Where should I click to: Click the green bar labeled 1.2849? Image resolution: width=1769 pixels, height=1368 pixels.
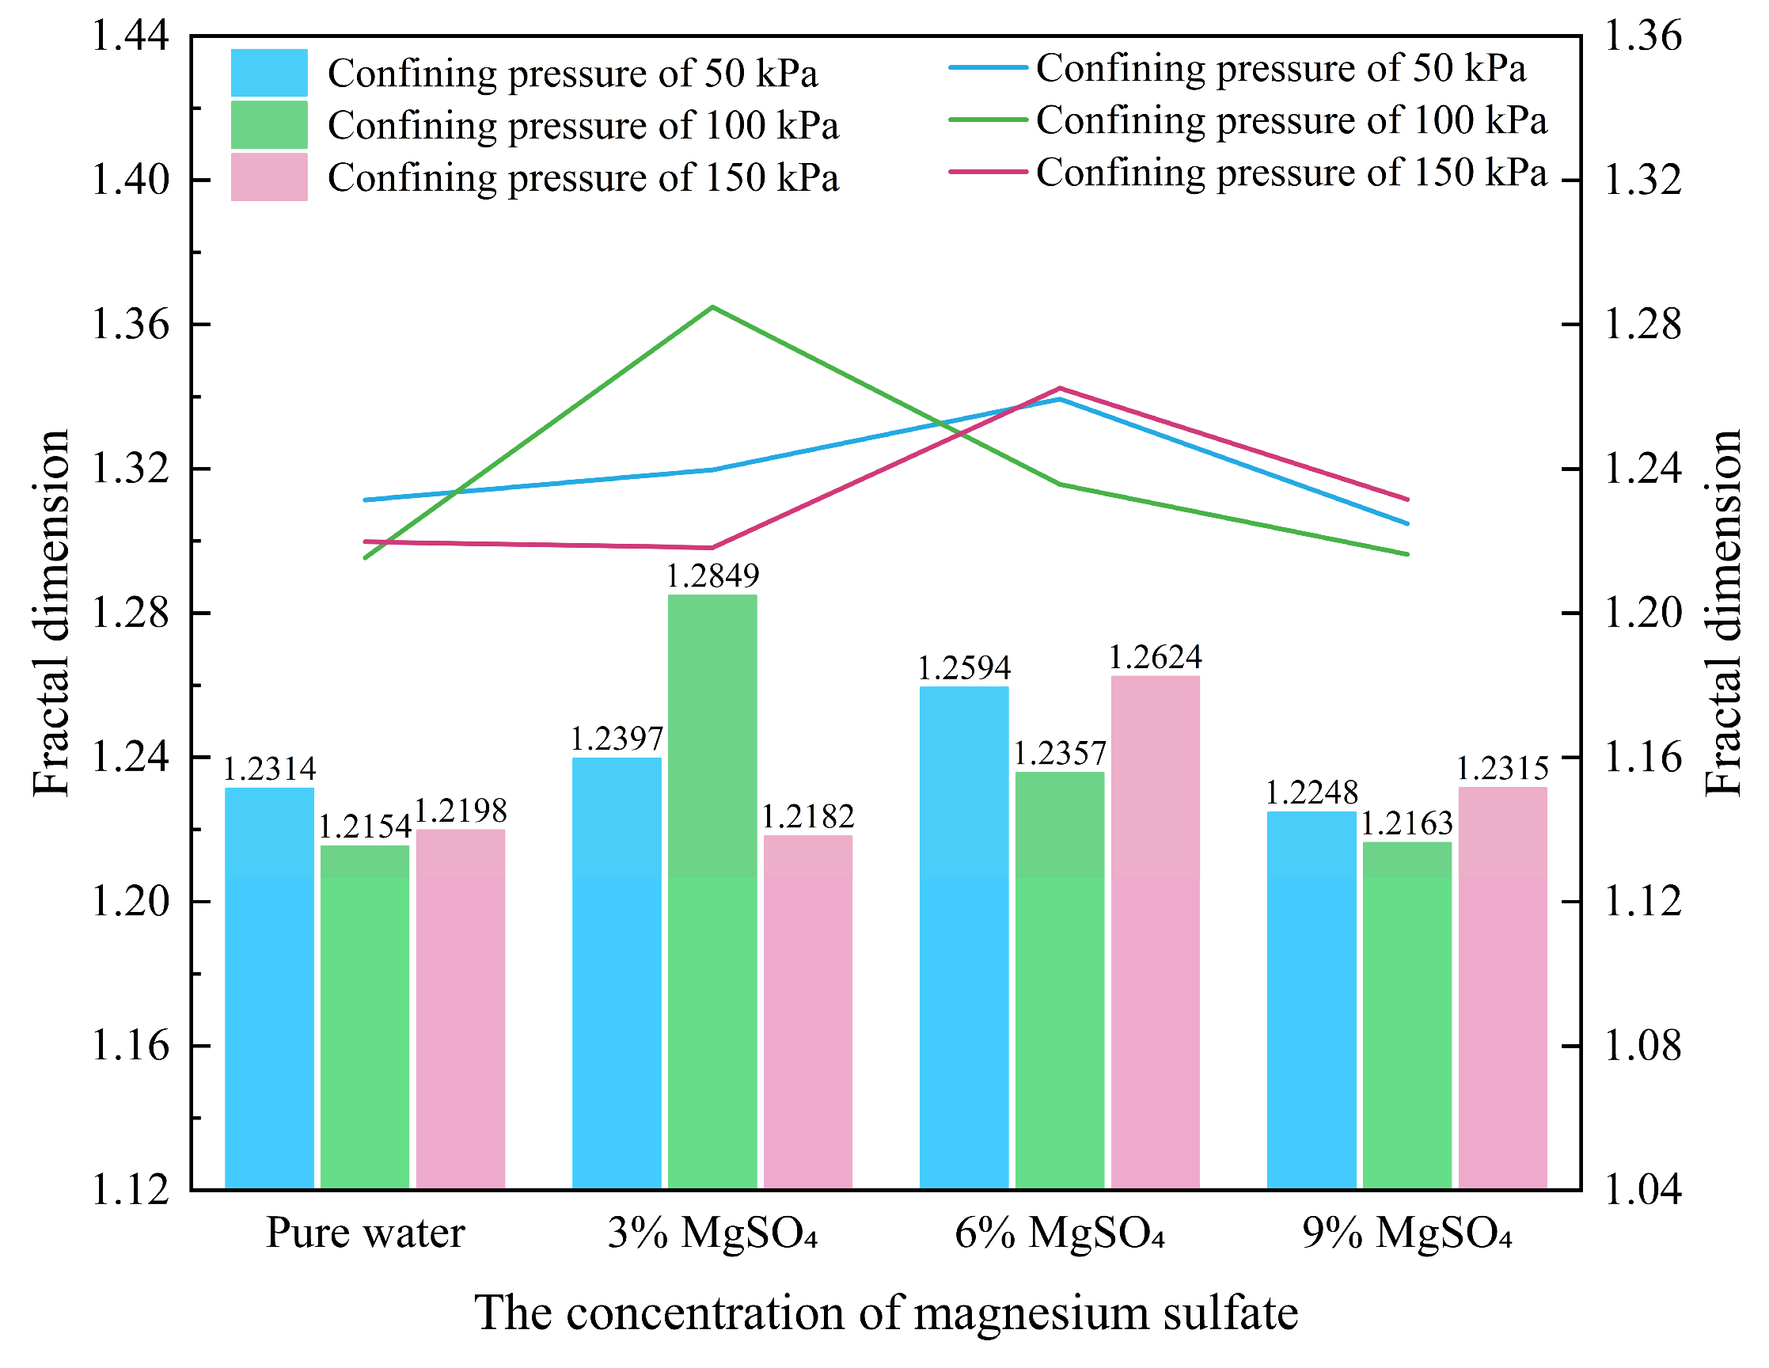pos(712,891)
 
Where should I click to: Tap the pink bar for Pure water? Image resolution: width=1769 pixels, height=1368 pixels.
pos(460,1009)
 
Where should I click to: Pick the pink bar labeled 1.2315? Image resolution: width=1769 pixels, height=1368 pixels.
pos(1502,987)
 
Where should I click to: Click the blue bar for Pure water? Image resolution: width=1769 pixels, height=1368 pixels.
pos(269,988)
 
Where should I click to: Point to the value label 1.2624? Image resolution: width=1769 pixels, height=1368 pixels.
pos(1155,658)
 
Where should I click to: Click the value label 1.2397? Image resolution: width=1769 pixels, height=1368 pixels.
pos(617,739)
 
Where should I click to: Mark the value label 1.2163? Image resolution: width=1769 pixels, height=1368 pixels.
pos(1407,823)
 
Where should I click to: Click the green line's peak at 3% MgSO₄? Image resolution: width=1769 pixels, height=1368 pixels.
pos(712,307)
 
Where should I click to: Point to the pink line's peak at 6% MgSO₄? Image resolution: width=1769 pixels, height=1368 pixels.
pos(1060,388)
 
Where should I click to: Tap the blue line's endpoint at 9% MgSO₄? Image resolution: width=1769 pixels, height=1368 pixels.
pos(1408,524)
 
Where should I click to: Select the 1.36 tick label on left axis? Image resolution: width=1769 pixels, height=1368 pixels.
pos(131,325)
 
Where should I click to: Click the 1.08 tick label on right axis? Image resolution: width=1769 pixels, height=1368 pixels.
pos(1642,1046)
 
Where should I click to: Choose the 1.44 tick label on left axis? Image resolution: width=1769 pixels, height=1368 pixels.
pos(131,36)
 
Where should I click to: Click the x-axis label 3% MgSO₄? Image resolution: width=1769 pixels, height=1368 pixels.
pos(712,1233)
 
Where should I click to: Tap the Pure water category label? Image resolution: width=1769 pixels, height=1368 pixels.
pos(366,1233)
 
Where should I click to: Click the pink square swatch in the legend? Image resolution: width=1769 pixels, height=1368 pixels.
pos(269,177)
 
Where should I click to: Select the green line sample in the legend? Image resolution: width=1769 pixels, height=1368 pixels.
pos(988,120)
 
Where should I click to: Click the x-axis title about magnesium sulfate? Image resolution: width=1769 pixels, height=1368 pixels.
pos(886,1313)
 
